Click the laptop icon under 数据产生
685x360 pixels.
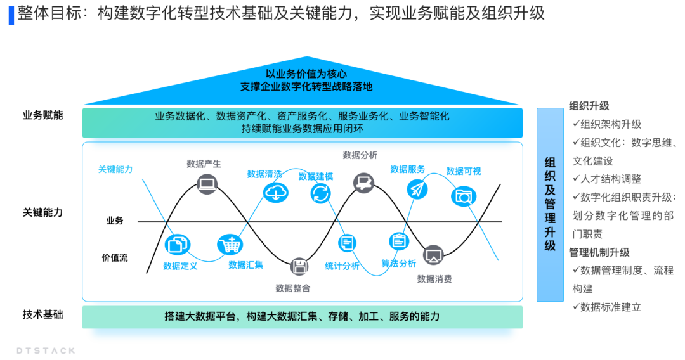pyautogui.click(x=207, y=184)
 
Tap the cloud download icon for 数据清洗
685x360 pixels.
pyautogui.click(x=275, y=193)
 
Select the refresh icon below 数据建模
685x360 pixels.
pyautogui.click(x=321, y=193)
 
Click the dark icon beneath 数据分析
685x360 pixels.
pyautogui.click(x=363, y=184)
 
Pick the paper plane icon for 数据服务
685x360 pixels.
pyautogui.click(x=417, y=189)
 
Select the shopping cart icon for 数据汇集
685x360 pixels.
pyautogui.click(x=228, y=245)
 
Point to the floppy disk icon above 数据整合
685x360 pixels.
pyautogui.click(x=299, y=267)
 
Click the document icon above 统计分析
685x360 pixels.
pyautogui.click(x=348, y=242)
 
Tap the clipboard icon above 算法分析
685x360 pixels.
pyautogui.click(x=398, y=241)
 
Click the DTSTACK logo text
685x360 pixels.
pyautogui.click(x=46, y=350)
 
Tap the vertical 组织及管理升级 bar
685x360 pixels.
pyautogui.click(x=550, y=205)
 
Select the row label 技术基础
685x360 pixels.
pyautogui.click(x=43, y=314)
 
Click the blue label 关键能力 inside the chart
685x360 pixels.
pyautogui.click(x=115, y=169)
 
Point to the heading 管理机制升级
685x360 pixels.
pyautogui.click(x=599, y=252)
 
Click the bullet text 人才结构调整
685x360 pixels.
pyautogui.click(x=611, y=179)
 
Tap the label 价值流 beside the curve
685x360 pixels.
pyautogui.click(x=115, y=257)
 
